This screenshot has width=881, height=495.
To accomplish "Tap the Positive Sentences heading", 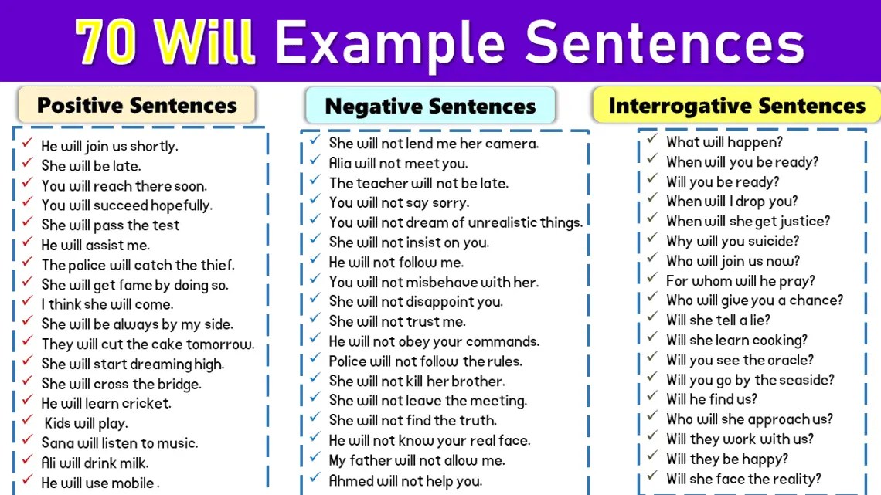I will tap(137, 105).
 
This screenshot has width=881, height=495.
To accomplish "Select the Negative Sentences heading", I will tap(430, 107).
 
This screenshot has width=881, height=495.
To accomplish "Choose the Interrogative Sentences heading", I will tap(736, 106).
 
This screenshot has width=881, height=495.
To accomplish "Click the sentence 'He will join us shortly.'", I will tap(109, 146).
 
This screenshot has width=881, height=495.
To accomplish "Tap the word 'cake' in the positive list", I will tap(178, 344).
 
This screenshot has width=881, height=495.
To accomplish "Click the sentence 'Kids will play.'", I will tap(86, 423).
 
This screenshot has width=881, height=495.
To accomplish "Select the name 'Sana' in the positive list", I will tap(56, 443).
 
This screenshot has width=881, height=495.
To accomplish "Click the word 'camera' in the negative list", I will tap(512, 144).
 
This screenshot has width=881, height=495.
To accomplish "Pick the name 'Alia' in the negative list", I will tap(342, 163).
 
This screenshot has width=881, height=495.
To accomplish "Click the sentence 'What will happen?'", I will tap(724, 142).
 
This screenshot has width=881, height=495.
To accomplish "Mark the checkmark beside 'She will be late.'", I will tap(27, 164).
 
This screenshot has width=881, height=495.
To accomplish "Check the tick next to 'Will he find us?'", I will tap(652, 397).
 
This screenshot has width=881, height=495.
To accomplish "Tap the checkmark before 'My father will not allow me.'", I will tap(315, 458).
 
